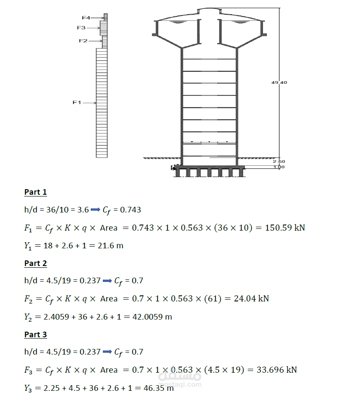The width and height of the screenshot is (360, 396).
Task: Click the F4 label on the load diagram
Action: tap(86, 18)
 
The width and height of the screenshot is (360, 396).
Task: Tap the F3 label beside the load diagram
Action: tap(81, 28)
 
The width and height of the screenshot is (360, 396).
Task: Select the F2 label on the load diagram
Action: tap(83, 41)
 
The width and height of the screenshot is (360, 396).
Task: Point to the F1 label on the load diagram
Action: tap(77, 102)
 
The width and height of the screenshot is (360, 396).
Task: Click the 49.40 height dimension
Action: tap(279, 82)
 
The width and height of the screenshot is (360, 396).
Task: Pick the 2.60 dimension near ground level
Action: tap(279, 162)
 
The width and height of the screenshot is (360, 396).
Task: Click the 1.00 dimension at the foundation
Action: tap(279, 167)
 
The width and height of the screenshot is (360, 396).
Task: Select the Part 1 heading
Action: tap(35, 192)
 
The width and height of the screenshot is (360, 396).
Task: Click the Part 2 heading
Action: tap(35, 263)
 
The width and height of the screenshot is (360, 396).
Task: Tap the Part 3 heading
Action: tap(35, 335)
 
